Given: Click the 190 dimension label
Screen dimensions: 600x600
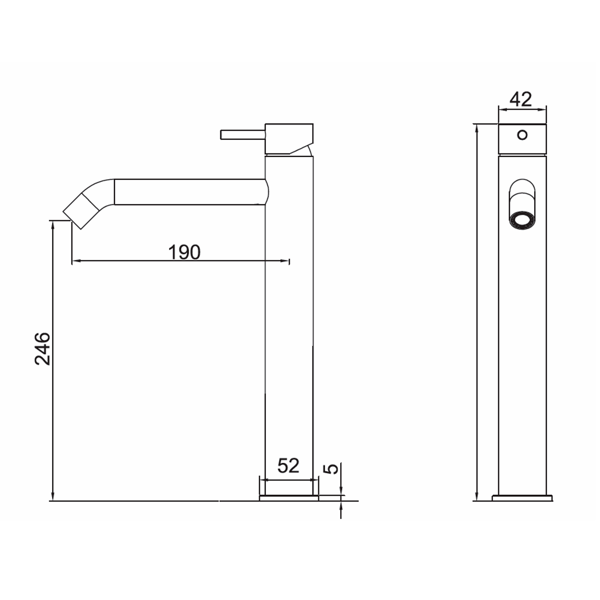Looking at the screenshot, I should pos(184,252).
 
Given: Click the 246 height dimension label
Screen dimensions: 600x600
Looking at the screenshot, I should pos(42,348).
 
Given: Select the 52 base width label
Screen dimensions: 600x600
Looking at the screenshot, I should pos(288,466).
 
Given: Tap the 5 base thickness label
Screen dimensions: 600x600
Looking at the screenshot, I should pos(332,468).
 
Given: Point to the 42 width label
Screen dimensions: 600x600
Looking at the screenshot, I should pos(521,99).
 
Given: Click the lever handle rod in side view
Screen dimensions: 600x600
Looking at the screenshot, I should pos(242,134).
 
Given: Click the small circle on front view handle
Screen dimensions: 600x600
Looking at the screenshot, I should pos(522,135).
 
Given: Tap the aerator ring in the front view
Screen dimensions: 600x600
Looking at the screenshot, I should pos(522,220).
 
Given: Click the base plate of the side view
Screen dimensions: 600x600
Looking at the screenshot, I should pos(289,498).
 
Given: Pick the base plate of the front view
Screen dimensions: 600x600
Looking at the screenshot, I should pos(522,498).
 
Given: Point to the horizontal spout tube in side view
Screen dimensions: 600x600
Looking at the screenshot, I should pos(190,192).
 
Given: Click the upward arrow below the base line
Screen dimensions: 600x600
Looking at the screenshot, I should pos(341,506).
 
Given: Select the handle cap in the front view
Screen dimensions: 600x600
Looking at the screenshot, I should pos(522,139).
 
